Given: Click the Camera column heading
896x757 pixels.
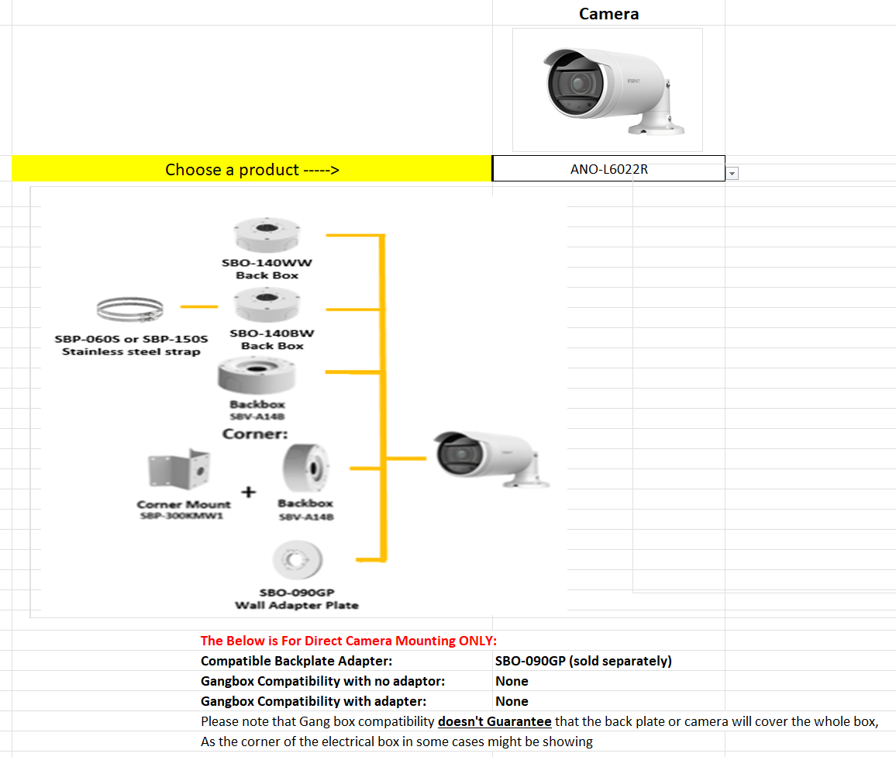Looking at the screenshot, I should (608, 14).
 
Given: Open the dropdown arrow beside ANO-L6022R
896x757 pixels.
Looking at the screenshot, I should (732, 174).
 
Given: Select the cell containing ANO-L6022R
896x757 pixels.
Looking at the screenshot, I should (608, 169).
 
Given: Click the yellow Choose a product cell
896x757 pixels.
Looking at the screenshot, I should (252, 169).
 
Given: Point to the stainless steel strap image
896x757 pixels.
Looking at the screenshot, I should (130, 310).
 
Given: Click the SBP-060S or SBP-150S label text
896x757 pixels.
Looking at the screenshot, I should (131, 339).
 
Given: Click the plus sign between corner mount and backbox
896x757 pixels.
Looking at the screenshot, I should (249, 490).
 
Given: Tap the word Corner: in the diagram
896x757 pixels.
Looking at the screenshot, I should (255, 434).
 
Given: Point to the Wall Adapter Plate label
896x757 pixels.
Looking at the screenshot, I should (297, 605).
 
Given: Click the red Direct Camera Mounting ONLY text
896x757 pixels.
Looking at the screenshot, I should (348, 641).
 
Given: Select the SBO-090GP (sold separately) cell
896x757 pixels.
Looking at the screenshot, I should (583, 661).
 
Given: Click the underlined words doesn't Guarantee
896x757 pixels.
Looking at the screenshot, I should (495, 721).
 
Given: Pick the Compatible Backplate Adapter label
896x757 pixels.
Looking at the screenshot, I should (296, 661).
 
